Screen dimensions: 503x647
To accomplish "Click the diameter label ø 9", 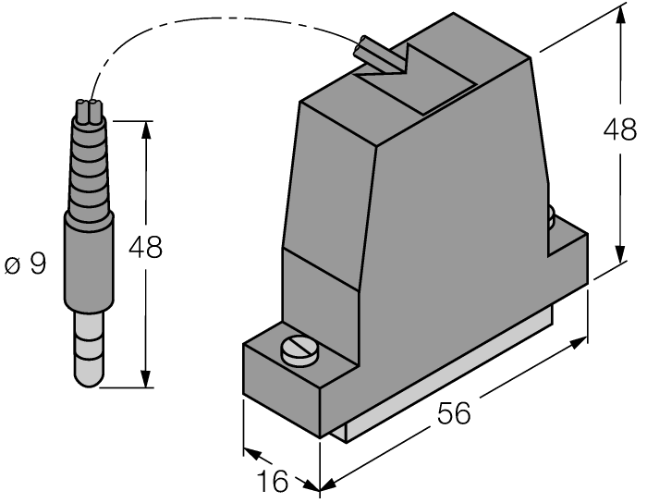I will tap(25, 265).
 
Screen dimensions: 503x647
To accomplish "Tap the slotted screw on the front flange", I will tap(300, 351).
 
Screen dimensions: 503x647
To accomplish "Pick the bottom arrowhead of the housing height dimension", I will tap(616, 256).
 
